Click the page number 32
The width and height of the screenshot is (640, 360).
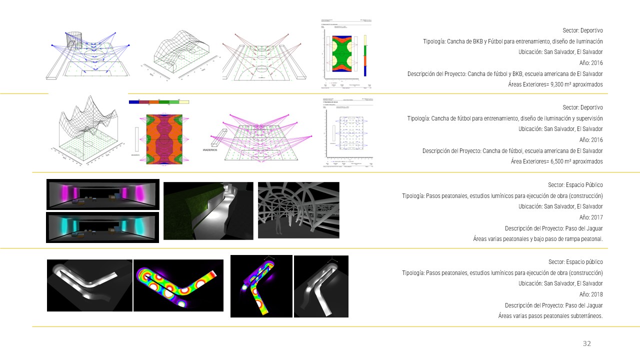click(x=586, y=343)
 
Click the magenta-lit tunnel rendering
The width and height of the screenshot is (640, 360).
click(x=102, y=194)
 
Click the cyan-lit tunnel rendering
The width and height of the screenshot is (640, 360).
click(x=102, y=227)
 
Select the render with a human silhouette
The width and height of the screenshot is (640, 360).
click(x=298, y=209)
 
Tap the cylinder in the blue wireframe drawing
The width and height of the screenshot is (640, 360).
click(x=73, y=40)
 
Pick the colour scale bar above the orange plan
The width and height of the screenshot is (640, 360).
click(x=158, y=101)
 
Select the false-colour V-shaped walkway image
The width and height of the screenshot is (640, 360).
click(x=178, y=285)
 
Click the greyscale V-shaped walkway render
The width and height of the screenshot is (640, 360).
click(x=89, y=285)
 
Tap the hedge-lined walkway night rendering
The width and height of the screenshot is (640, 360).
click(x=208, y=210)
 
